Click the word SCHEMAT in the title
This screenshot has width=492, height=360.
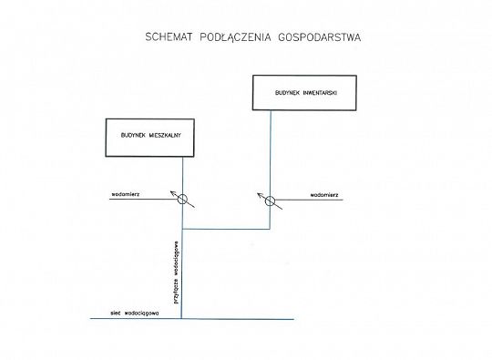(x=169, y=38)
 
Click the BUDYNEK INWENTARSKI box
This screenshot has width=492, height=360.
(x=299, y=94)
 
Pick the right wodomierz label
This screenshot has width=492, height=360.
(x=324, y=195)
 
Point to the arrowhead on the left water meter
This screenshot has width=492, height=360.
(x=169, y=191)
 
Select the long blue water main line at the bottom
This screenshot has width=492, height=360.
(x=237, y=319)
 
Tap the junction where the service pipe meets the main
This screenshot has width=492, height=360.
(x=181, y=319)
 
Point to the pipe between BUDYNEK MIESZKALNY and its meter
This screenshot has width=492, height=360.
(x=181, y=175)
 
